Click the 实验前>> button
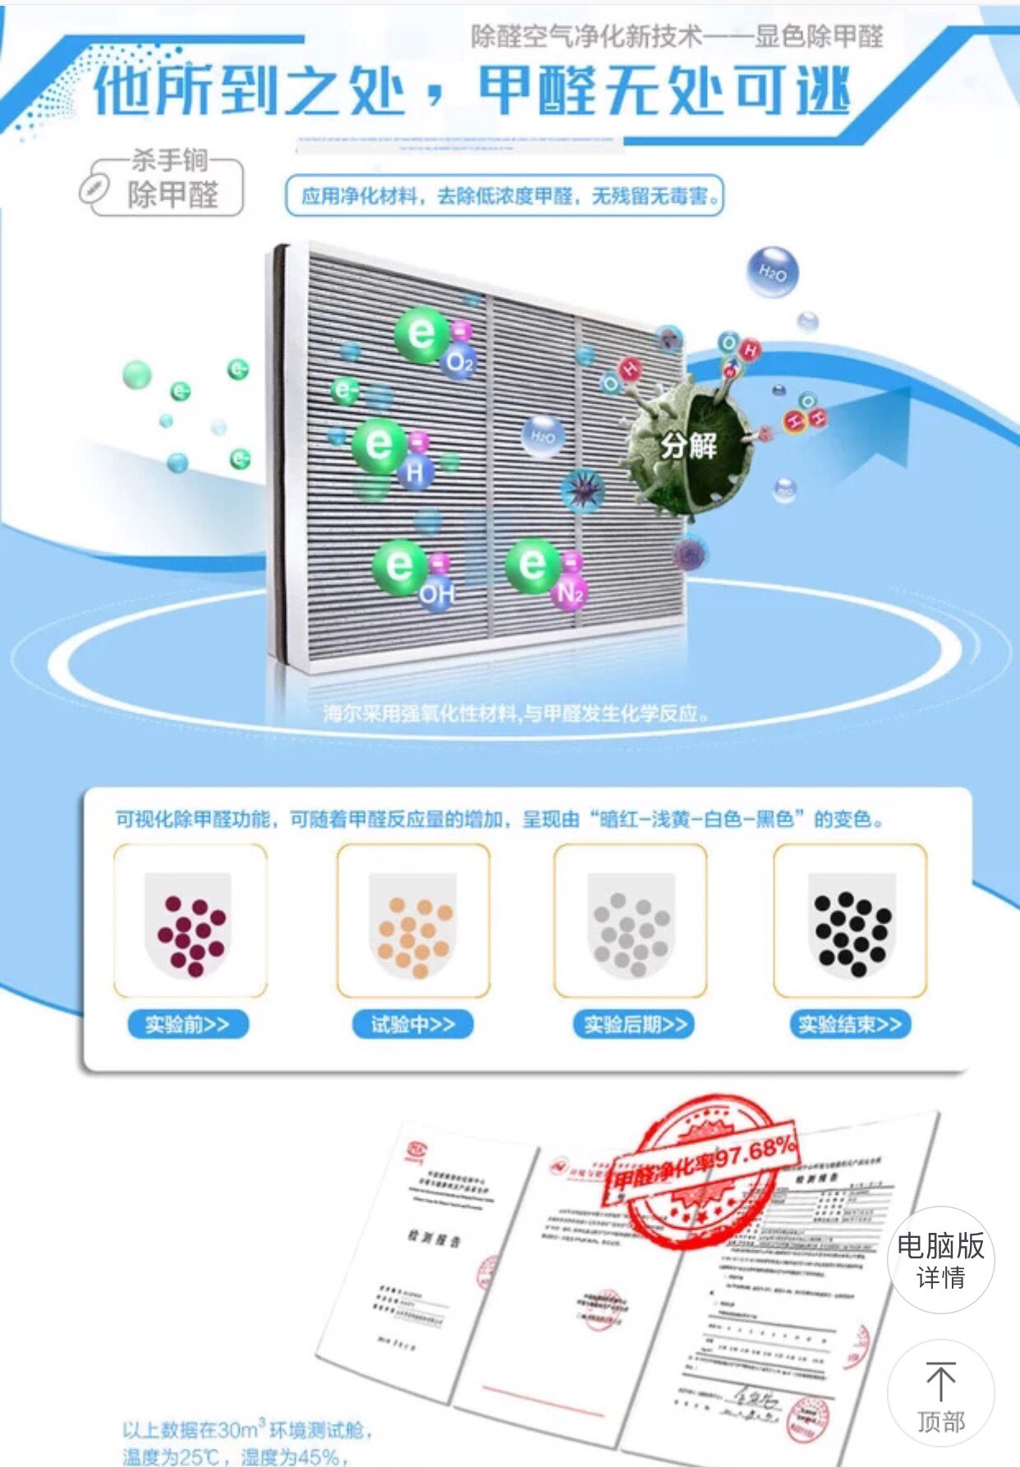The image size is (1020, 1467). (x=187, y=1024)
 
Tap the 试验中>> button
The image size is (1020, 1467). (x=412, y=1024)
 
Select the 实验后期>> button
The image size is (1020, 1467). (x=634, y=1024)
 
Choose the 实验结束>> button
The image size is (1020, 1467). (x=849, y=1024)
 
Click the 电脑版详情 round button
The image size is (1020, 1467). (x=940, y=1259)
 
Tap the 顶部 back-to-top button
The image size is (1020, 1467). (x=940, y=1393)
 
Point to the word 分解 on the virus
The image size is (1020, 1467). (x=689, y=445)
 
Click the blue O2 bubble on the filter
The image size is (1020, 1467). (x=459, y=362)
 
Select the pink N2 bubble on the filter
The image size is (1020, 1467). (x=569, y=592)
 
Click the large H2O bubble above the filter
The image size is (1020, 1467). (x=772, y=272)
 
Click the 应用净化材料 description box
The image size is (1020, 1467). (x=504, y=195)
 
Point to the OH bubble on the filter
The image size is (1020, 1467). (x=436, y=593)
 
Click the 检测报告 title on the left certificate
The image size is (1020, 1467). (x=434, y=1238)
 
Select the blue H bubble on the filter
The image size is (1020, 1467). (x=416, y=471)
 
